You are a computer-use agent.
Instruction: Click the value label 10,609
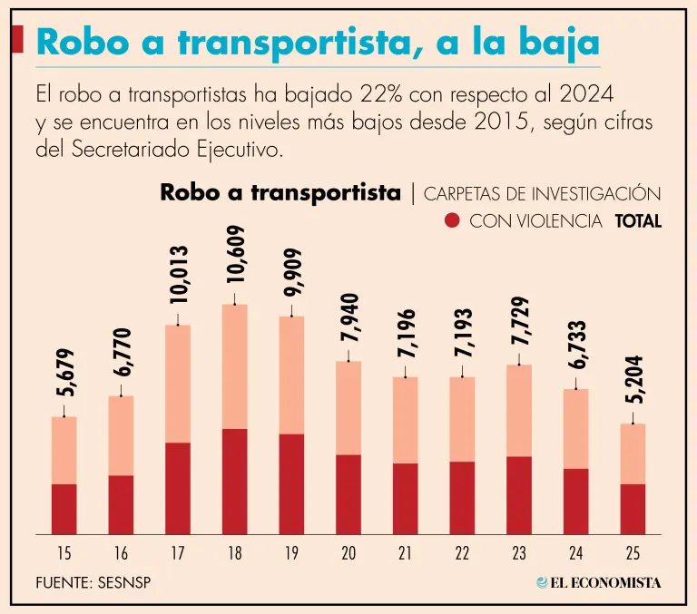coord(235,257)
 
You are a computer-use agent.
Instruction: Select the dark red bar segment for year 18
coord(235,481)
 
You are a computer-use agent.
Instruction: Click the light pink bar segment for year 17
coord(178,383)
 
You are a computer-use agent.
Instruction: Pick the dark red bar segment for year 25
coord(633,509)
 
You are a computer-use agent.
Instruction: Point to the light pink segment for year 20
coord(348,407)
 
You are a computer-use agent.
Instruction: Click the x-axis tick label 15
coord(64,553)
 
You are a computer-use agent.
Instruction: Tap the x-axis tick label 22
coord(462,553)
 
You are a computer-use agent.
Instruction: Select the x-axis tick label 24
coord(576,553)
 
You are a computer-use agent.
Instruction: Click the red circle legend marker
coord(454,220)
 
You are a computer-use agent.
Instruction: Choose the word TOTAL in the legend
coord(638,220)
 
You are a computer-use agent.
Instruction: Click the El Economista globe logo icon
coord(542,582)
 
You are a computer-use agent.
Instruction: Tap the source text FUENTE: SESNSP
coord(93,582)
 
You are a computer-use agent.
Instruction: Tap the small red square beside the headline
coord(17,39)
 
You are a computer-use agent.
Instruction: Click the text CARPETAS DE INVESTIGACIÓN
coord(542,193)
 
